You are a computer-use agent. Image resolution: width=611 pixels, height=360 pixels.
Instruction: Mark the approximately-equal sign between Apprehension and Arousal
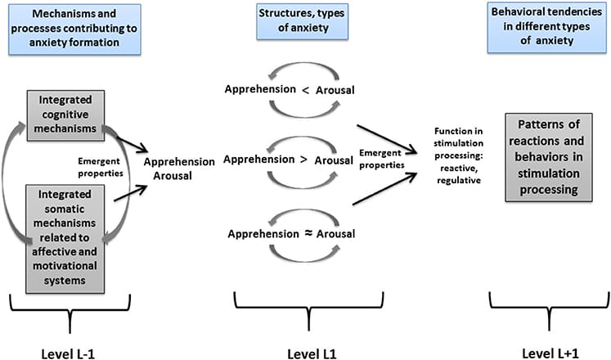click(x=308, y=233)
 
